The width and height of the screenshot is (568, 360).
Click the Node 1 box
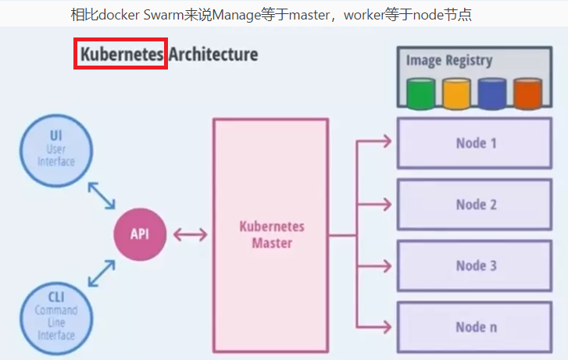pos(476,143)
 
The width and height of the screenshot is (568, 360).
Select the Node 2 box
pos(476,205)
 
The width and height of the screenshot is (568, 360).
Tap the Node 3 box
pos(476,266)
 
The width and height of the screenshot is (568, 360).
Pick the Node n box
pos(476,327)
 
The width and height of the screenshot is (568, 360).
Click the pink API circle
pos(139,233)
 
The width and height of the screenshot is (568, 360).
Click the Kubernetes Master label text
pos(271,234)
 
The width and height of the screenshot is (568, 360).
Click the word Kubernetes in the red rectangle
pos(122,55)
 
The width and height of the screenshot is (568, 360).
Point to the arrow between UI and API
pos(102,195)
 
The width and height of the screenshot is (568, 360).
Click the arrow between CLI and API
pos(102,273)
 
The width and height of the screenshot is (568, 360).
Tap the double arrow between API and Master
pos(191,234)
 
